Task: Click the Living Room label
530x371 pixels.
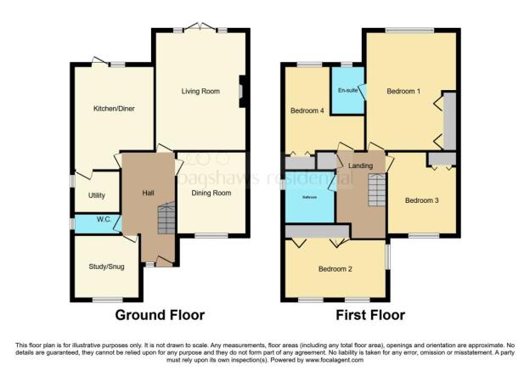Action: tap(200, 91)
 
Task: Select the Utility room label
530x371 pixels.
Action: tap(97, 195)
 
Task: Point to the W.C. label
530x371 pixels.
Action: tap(104, 219)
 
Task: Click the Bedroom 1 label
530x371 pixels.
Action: tap(404, 91)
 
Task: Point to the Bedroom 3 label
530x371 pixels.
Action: tap(421, 200)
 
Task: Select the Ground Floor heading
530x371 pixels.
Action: tap(160, 315)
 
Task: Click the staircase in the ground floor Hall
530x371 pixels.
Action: tap(166, 222)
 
